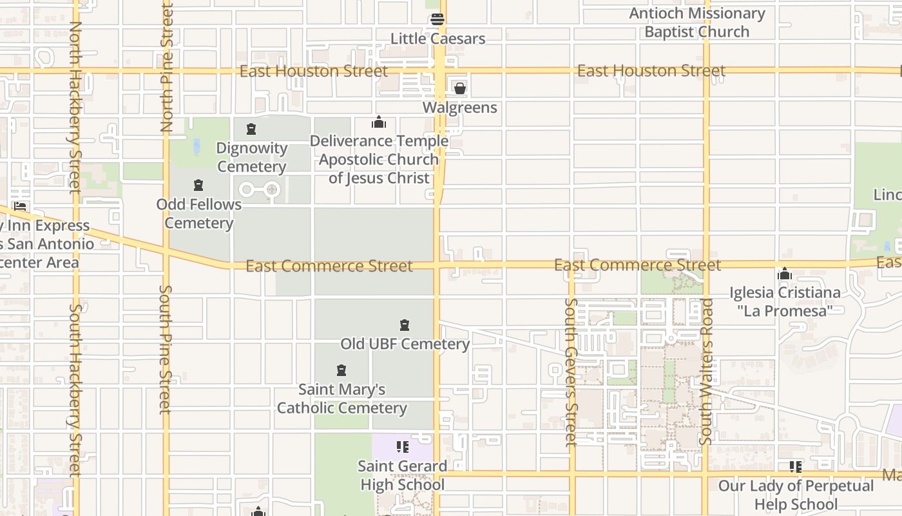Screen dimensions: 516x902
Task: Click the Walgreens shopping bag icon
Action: click(x=459, y=88)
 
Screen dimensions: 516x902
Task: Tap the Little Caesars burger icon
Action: click(x=437, y=19)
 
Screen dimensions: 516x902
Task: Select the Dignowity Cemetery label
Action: click(x=252, y=157)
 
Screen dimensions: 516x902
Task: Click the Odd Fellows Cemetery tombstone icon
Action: click(x=198, y=186)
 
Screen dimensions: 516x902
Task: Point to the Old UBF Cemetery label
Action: click(x=405, y=344)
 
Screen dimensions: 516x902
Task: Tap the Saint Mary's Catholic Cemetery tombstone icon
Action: click(x=341, y=370)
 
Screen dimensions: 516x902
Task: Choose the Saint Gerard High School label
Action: click(x=402, y=475)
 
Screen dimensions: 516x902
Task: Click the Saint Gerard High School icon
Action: click(x=402, y=447)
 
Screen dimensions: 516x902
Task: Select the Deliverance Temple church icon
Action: click(x=379, y=122)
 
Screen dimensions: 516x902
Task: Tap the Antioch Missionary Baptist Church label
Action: click(x=697, y=23)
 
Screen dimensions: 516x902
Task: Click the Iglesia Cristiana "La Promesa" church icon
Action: click(x=784, y=274)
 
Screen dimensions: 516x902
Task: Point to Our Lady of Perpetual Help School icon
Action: click(x=796, y=466)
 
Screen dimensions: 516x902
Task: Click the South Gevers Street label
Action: click(x=571, y=372)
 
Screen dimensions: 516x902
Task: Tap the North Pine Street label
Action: click(x=167, y=68)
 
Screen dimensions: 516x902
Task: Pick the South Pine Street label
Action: click(x=166, y=349)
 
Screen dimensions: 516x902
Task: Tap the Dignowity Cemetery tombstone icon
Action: click(x=251, y=130)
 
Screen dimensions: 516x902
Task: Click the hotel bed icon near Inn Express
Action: click(x=21, y=206)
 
